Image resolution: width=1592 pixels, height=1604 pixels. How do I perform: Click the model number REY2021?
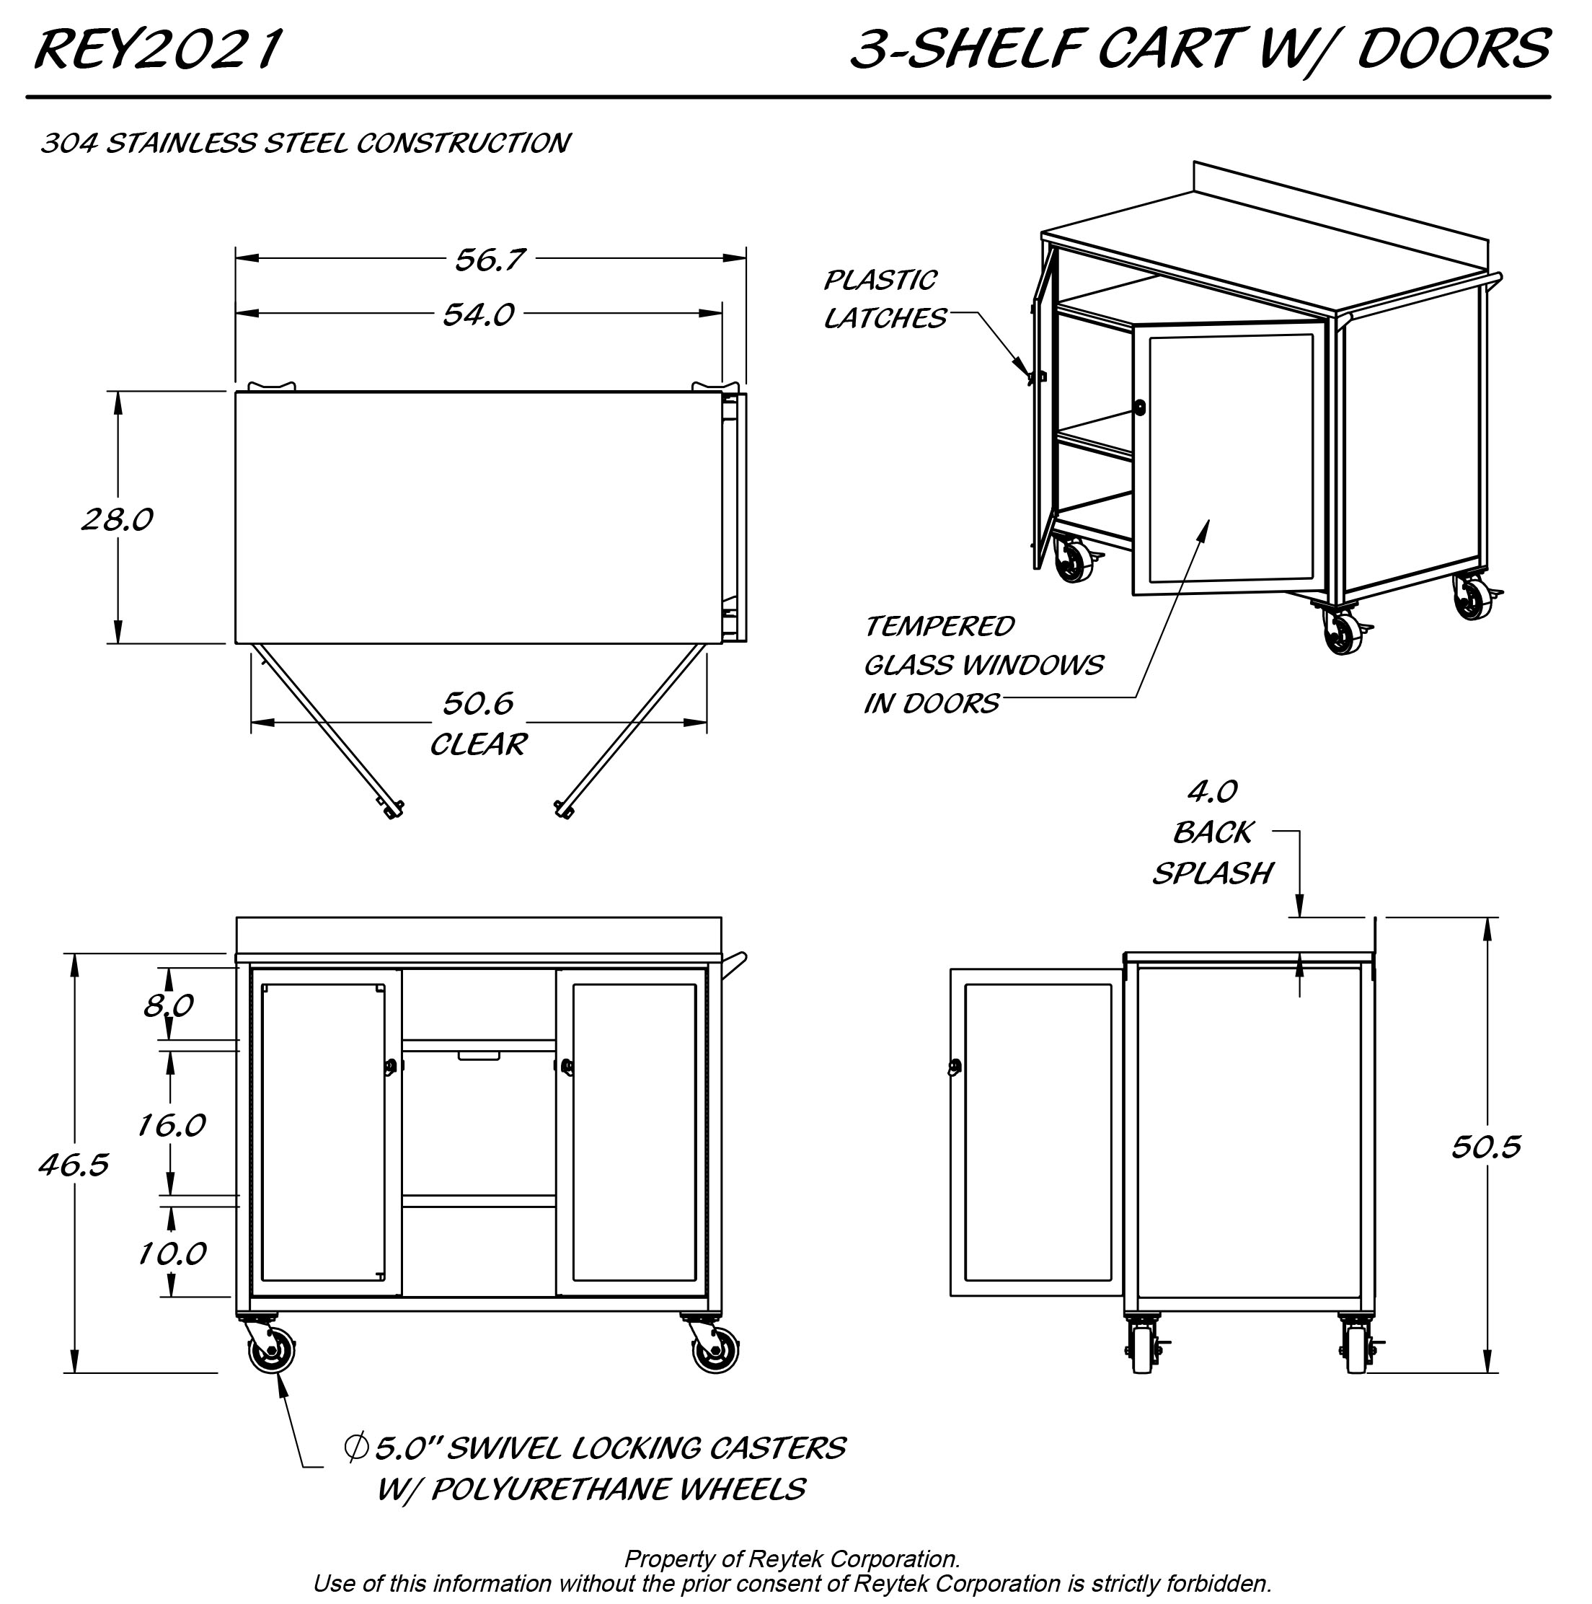157,50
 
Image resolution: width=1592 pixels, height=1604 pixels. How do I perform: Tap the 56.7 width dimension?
489,260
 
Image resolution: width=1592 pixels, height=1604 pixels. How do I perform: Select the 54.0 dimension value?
478,314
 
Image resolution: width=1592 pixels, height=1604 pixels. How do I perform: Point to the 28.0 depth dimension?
117,520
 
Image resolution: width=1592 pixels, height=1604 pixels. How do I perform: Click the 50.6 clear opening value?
478,704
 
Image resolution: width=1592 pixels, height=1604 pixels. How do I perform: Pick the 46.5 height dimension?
74,1165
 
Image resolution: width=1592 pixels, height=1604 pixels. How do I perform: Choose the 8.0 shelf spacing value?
169,1005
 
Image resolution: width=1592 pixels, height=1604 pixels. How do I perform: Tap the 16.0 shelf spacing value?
171,1125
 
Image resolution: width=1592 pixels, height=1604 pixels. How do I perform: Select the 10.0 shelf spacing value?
171,1253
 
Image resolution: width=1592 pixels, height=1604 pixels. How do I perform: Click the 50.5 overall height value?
1486,1147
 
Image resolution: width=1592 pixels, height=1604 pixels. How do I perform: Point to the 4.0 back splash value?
1213,792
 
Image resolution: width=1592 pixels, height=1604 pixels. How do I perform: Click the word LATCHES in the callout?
885,319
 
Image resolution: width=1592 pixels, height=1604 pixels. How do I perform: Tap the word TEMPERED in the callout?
939,626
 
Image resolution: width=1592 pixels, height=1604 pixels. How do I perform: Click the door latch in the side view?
955,1067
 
